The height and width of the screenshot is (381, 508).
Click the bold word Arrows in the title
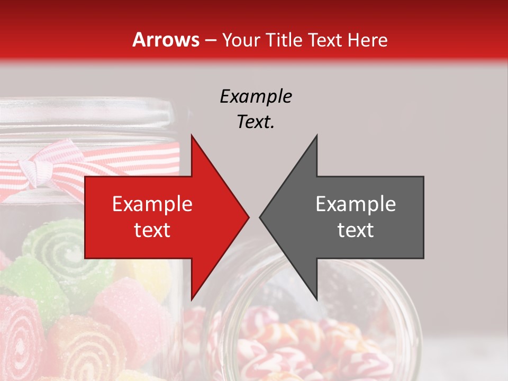pos(166,40)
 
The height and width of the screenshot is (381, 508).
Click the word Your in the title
pos(241,40)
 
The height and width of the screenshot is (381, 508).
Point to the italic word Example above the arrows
pos(256,96)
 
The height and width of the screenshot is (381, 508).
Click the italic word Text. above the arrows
pos(256,122)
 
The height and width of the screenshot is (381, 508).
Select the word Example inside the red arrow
pos(152,204)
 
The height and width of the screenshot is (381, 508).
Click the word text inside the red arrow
pos(152,230)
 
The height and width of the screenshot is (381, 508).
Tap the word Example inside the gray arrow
pos(356,204)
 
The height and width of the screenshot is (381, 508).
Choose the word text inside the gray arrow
pos(356,230)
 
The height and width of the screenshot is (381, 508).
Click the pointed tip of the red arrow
pos(248,217)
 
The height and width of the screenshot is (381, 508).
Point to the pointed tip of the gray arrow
pos(260,217)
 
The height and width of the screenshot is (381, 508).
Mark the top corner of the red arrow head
pos(192,136)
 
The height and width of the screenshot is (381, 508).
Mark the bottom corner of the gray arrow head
pos(316,299)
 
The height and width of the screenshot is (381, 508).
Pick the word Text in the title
pos(323,40)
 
